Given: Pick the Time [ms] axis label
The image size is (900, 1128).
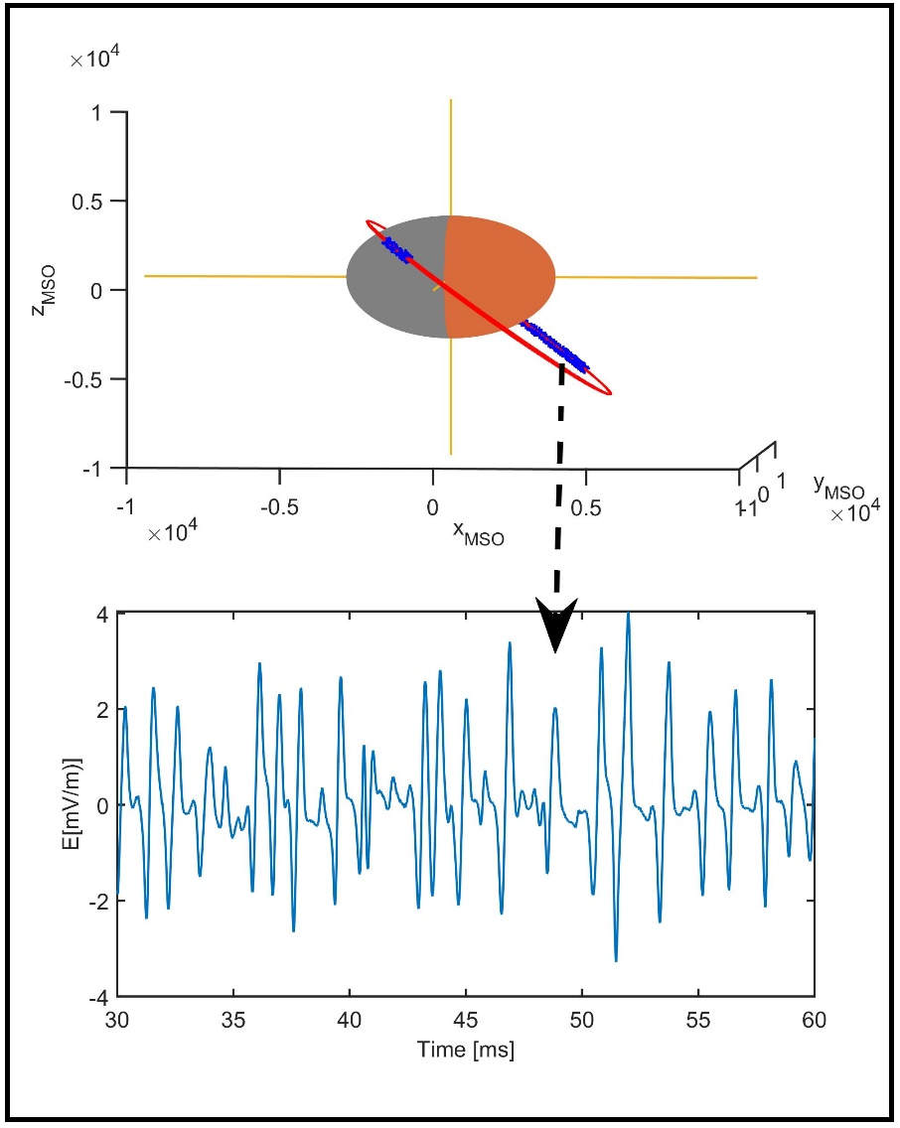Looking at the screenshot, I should [x=467, y=1049].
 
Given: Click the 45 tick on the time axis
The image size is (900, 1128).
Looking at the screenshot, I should [x=465, y=1020].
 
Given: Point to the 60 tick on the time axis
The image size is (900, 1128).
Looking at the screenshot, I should [x=815, y=1020].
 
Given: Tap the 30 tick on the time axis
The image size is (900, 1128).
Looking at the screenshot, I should [x=117, y=1020].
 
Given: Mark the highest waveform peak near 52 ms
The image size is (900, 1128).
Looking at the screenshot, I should [x=628, y=614].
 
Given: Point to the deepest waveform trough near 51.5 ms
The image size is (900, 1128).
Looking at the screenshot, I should [x=616, y=960].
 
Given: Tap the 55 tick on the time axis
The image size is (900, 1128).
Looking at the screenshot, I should [x=698, y=1020].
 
